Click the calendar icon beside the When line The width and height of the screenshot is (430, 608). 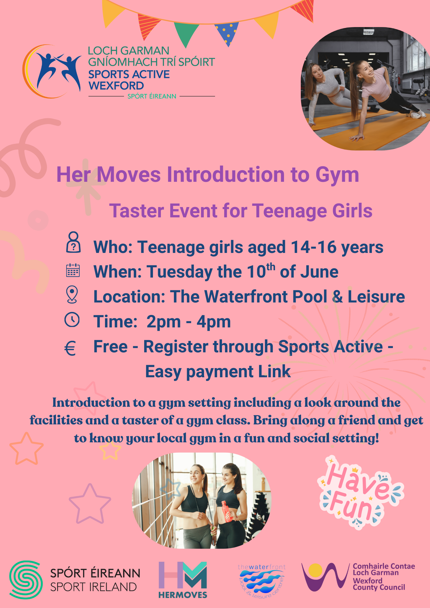pos(73,270)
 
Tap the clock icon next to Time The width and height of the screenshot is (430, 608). pos(72,320)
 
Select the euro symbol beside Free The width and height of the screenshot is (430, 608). pos(70,348)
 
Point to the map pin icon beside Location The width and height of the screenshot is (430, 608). pos(72,295)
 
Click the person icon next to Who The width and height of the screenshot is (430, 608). pos(73,242)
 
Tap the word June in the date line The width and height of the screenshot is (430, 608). pos(319,271)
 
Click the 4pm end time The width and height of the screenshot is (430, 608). pos(214,322)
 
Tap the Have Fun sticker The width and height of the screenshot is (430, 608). pos(361,492)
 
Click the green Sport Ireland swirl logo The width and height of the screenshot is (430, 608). pos(26,580)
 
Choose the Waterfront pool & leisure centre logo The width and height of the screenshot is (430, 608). pos(262,581)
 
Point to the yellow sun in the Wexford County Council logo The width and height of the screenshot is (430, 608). pos(315,570)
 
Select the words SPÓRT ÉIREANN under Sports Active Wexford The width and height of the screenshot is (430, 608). pos(152,96)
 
